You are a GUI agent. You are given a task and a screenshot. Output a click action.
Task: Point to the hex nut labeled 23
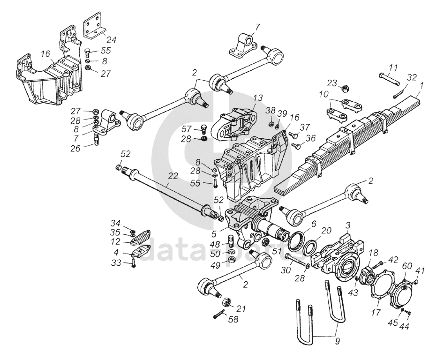tap(343, 88)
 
